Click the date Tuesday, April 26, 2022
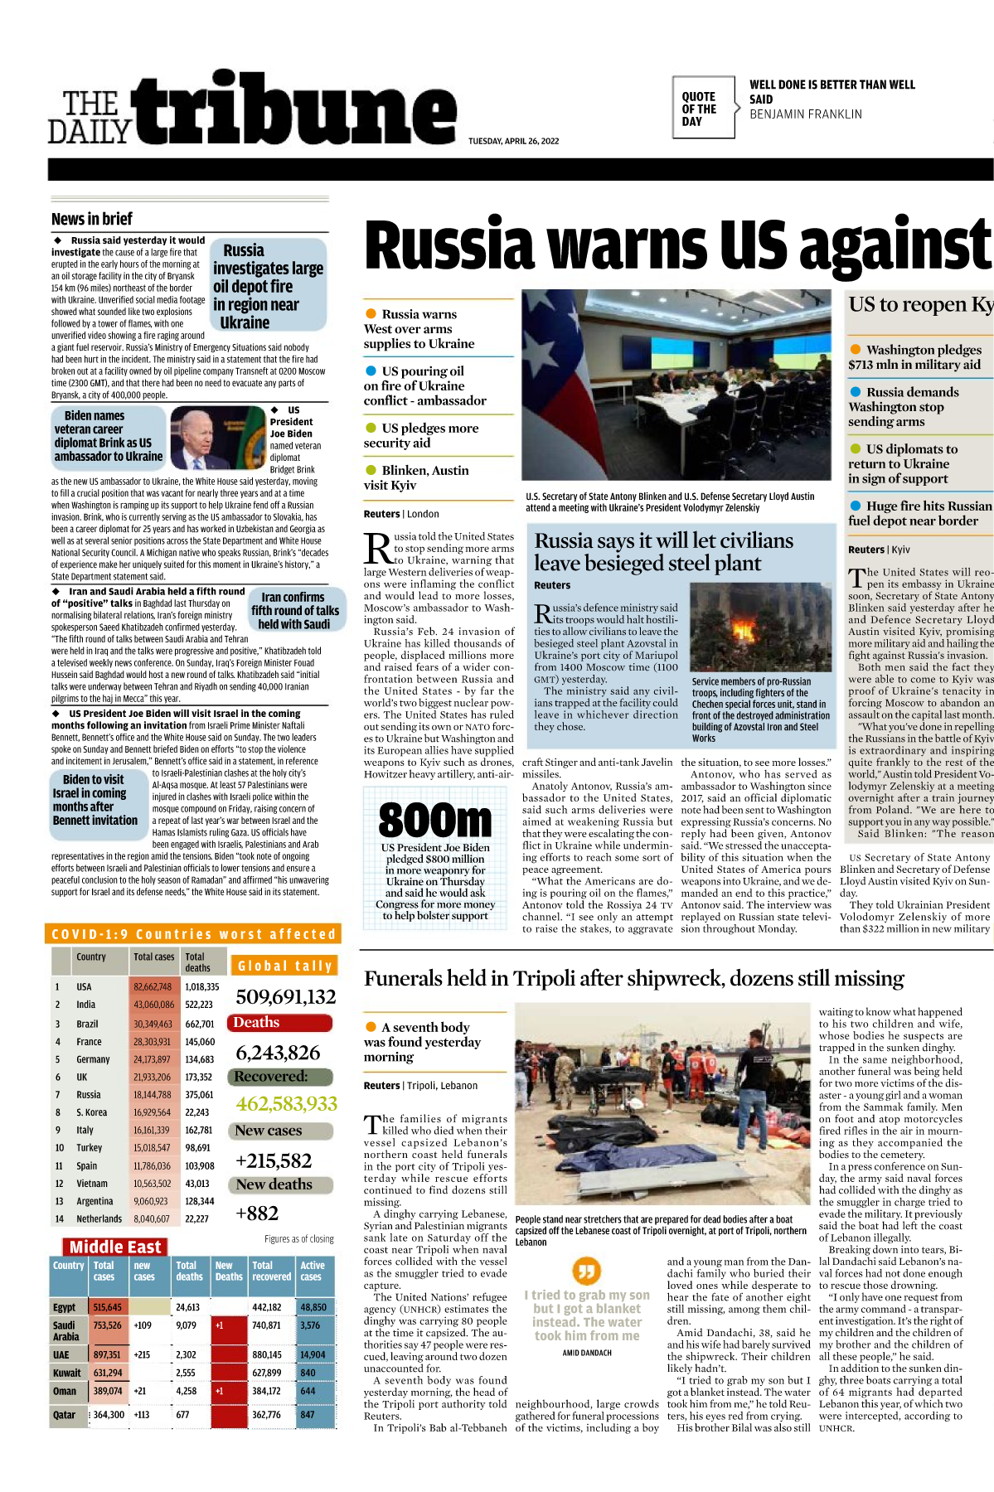coord(513,141)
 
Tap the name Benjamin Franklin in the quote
coord(805,114)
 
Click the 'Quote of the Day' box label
coord(699,109)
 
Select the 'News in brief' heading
coord(92,219)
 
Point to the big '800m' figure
coord(435,820)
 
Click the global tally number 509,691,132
coord(286,997)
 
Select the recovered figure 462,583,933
coord(286,1104)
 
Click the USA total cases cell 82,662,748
coord(153,987)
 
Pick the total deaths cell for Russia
coord(199,1095)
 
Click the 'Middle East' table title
coord(115,1247)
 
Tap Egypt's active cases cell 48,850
coord(313,1307)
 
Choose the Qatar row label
coord(65,1415)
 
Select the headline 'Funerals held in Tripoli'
coord(633,979)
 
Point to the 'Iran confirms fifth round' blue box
coord(294,611)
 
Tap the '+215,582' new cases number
coord(274,1161)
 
